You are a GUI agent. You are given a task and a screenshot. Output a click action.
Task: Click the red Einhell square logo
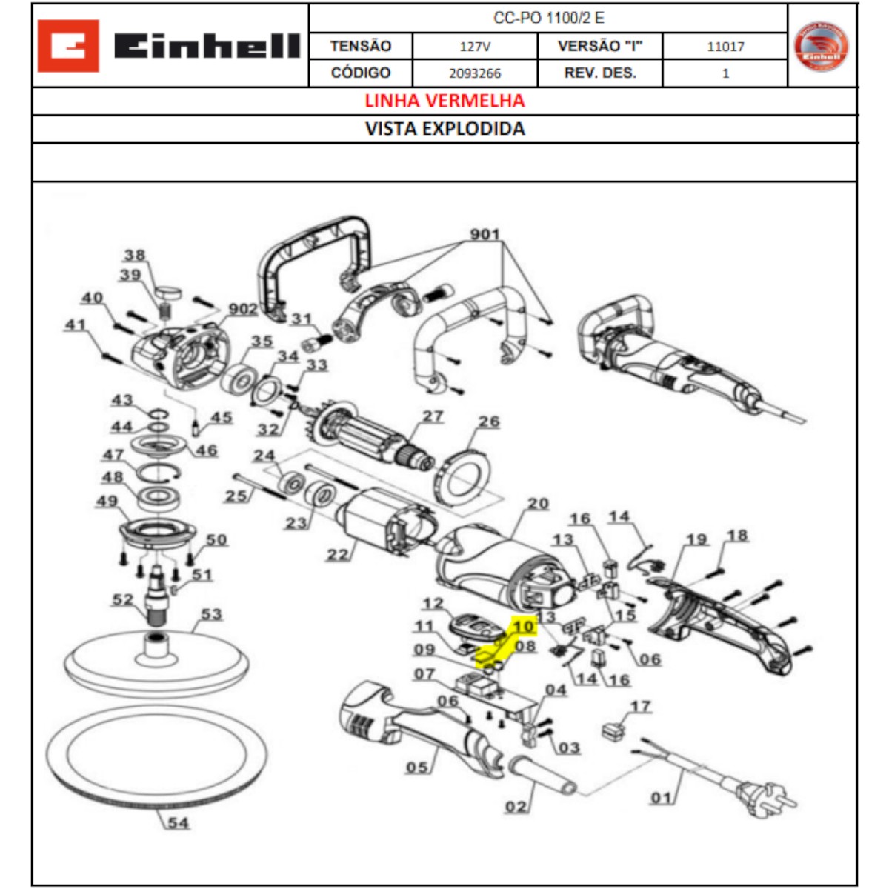(68, 46)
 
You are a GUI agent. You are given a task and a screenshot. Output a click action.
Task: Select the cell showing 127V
(475, 46)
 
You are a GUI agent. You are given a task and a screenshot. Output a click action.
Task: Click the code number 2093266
(475, 73)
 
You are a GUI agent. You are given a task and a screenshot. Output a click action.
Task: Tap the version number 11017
(725, 46)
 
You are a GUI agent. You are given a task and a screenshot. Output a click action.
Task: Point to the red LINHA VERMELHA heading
(444, 101)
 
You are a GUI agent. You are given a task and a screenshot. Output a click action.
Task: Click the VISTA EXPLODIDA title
(444, 129)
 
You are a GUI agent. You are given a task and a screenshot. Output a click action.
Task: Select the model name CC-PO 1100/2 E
(548, 18)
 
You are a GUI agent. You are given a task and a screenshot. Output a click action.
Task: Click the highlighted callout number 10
(524, 626)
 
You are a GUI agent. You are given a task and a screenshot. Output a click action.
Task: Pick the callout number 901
(485, 234)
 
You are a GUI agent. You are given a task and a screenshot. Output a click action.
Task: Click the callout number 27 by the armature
(433, 416)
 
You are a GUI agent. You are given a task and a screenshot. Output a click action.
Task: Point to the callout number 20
(538, 503)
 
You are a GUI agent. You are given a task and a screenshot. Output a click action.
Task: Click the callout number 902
(243, 309)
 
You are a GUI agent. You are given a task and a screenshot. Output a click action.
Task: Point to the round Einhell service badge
(821, 46)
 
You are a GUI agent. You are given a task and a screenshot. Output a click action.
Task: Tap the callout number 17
(640, 706)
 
